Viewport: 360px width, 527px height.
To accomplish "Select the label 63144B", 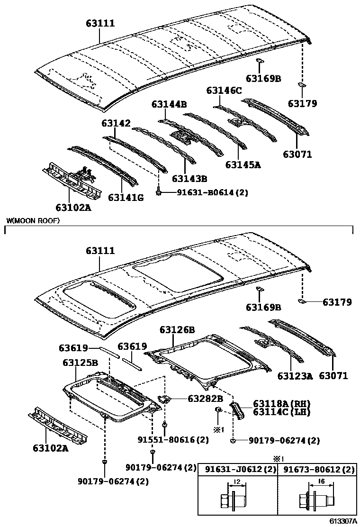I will pos(169,104).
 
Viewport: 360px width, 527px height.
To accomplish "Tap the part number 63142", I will pos(116,123).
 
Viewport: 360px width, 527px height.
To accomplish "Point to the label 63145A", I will pos(243,165).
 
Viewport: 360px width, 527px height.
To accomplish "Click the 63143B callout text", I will pos(189,179).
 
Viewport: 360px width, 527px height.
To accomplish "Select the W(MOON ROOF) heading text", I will pos(33,221).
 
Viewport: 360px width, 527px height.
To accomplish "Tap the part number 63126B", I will pos(177,329).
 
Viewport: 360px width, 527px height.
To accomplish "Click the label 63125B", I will pos(80,363).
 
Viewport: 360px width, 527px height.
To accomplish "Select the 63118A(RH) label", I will pos(281,403).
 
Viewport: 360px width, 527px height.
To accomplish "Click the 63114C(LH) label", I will pos(281,412).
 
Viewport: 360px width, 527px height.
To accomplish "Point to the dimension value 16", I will pos(321,481).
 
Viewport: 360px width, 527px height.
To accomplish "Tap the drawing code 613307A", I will pos(343,521).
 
